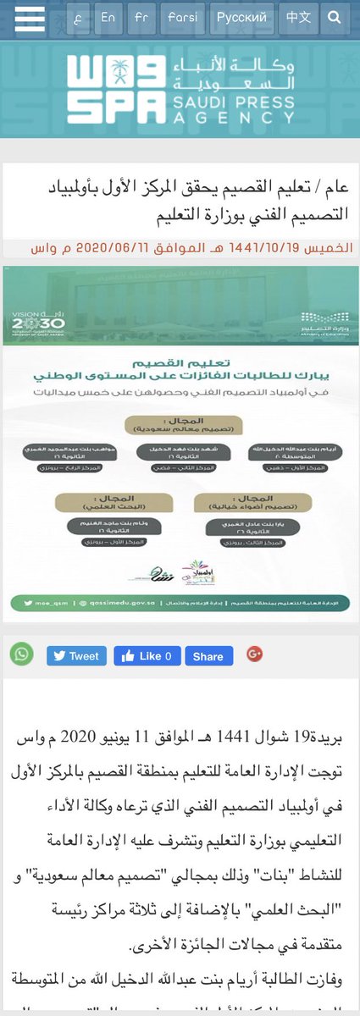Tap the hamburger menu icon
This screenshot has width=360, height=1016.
30,17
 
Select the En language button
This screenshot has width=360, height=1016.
108,17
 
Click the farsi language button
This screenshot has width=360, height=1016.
182,17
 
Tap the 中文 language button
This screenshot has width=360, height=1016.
298,17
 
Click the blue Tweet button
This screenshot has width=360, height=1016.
76,655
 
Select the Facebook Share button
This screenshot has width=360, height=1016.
208,655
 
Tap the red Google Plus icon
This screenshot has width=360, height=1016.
254,654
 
